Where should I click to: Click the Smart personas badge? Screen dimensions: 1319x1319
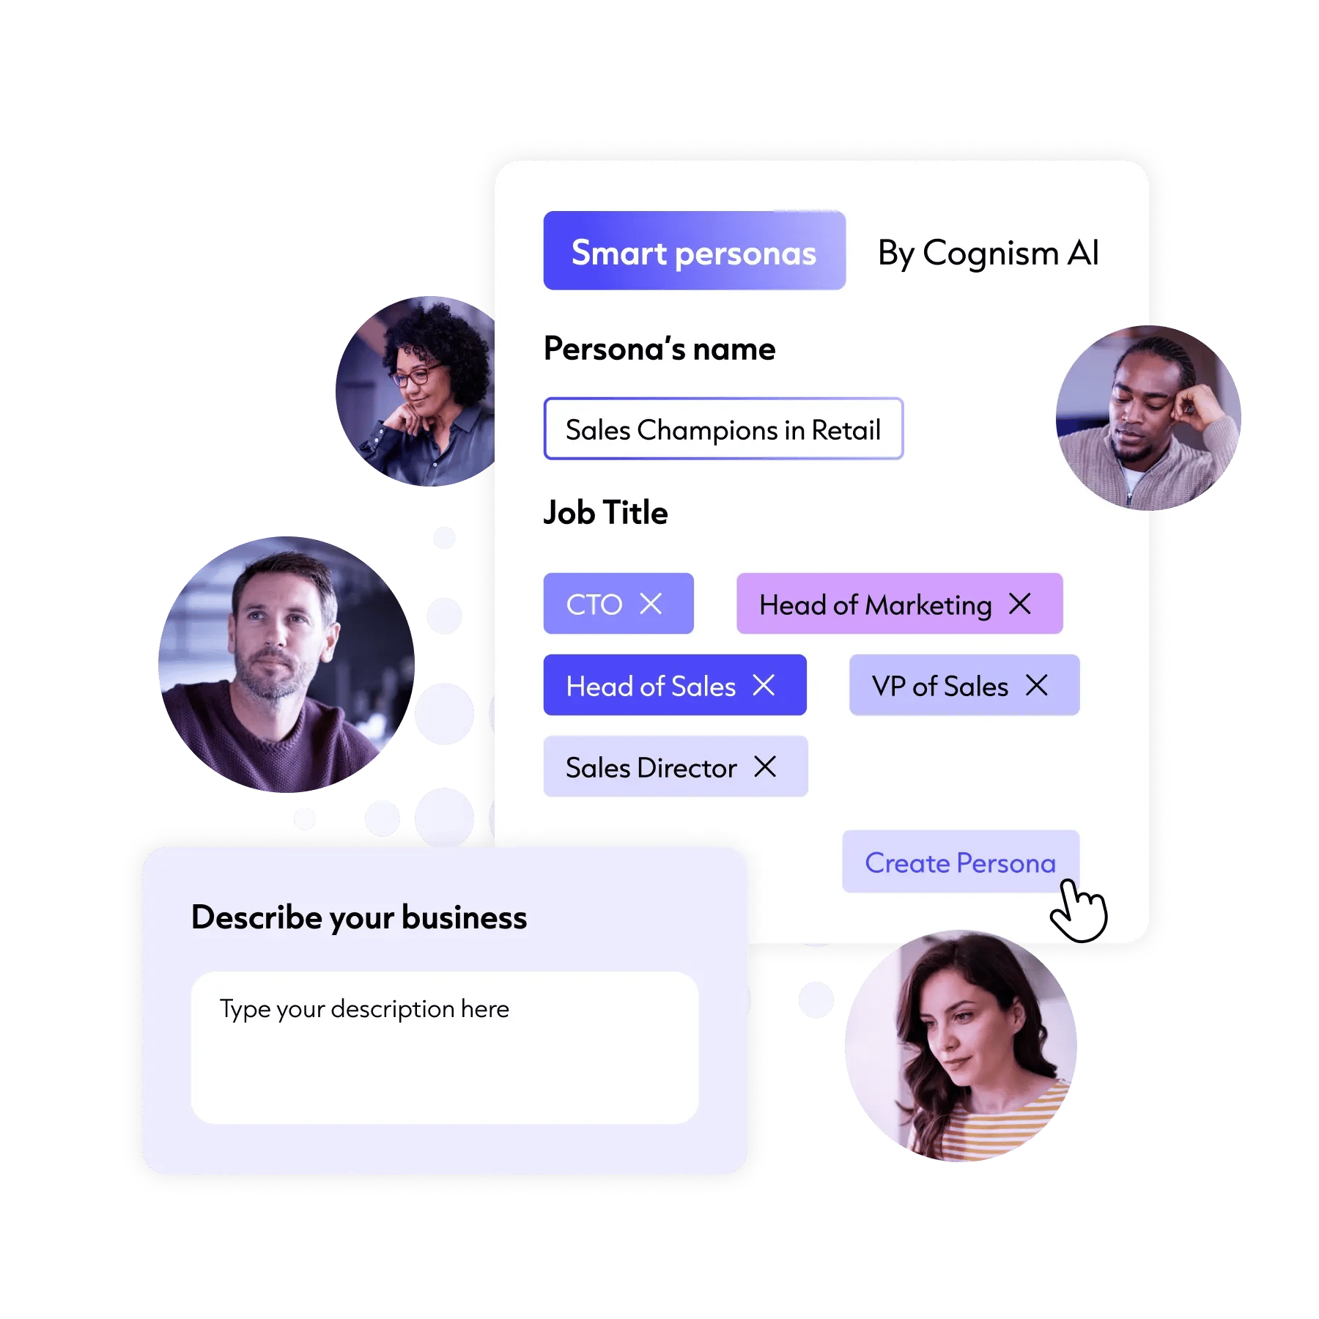(x=694, y=251)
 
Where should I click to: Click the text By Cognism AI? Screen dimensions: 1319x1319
(x=988, y=254)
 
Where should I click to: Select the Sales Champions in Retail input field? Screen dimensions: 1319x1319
(x=723, y=429)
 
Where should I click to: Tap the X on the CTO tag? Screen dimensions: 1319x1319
(x=651, y=604)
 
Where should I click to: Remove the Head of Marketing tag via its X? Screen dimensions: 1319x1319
(x=1019, y=604)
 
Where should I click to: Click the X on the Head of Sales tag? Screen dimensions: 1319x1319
(x=764, y=685)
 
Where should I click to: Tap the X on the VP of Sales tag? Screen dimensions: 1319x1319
(x=1037, y=685)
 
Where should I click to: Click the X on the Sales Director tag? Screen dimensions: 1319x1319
(x=765, y=766)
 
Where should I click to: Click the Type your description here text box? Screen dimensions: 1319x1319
(x=445, y=1047)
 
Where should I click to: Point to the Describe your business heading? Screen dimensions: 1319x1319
(x=359, y=917)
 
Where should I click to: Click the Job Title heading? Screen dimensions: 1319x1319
(x=605, y=512)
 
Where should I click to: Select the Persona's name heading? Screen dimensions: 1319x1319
(x=659, y=349)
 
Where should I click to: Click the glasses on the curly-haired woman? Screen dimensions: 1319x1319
(x=418, y=374)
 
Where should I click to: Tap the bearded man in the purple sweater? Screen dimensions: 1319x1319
(x=287, y=664)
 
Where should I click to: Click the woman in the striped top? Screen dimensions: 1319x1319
(x=961, y=1046)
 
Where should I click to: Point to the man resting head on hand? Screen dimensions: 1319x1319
(x=1148, y=418)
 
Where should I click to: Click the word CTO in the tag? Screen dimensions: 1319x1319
(x=594, y=605)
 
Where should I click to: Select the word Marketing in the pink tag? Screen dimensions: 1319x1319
(x=928, y=605)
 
